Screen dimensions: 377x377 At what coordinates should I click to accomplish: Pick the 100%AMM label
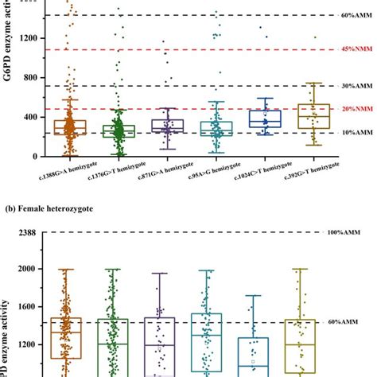coord(344,232)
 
